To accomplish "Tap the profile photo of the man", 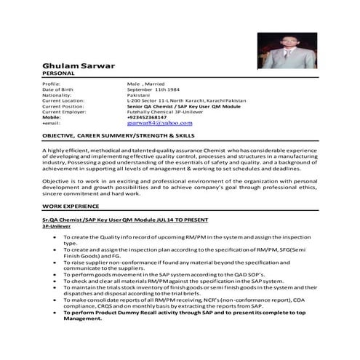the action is point(287,50).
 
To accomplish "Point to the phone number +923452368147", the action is point(147,116).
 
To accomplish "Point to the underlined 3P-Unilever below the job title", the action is point(55,225).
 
